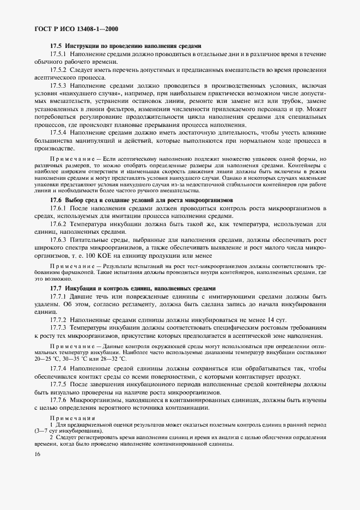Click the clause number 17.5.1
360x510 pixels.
[58, 55]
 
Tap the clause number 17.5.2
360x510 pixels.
[58, 70]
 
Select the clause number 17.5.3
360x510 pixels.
[58, 86]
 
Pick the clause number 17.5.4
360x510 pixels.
[58, 132]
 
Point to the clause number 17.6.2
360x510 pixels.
[58, 224]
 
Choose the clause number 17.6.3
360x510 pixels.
[58, 239]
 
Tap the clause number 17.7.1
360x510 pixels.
[58, 296]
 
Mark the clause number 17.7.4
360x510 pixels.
[58, 369]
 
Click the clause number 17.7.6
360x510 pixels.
[58, 400]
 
